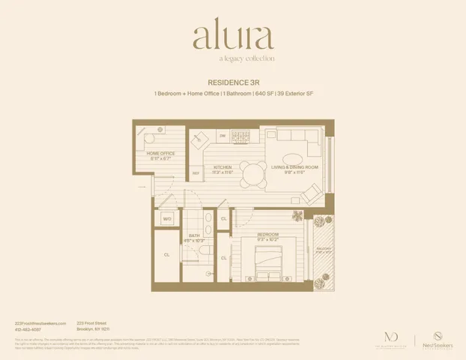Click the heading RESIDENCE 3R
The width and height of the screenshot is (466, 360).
232,82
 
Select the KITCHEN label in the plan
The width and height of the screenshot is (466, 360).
223,168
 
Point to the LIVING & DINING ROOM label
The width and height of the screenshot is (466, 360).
294,168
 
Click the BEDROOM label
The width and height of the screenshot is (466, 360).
268,234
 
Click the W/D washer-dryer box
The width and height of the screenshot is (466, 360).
167,218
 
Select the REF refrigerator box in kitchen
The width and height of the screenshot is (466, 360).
196,172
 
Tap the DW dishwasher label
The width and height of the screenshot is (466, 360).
222,136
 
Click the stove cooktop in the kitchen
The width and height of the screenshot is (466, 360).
240,136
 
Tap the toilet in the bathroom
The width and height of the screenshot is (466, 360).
208,250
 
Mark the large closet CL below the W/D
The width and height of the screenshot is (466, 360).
166,255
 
